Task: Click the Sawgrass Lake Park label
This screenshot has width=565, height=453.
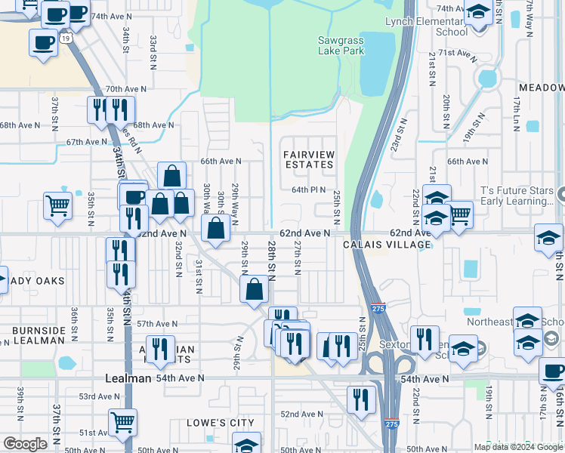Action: pyautogui.click(x=341, y=45)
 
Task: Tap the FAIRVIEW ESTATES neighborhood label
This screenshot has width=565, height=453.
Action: pyautogui.click(x=308, y=159)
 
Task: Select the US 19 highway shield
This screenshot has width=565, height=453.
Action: pyautogui.click(x=66, y=37)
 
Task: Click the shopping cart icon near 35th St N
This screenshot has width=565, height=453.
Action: pyautogui.click(x=58, y=205)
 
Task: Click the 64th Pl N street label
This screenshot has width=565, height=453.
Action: pyautogui.click(x=309, y=190)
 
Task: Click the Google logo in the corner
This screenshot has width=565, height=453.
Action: pyautogui.click(x=25, y=444)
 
